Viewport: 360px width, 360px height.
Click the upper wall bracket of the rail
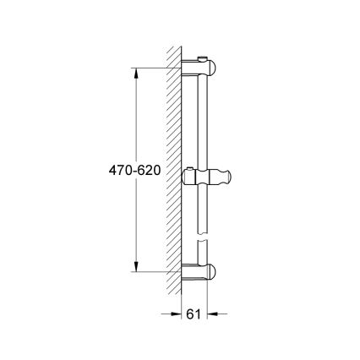[x=202, y=68]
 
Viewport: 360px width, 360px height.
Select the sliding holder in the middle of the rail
[x=205, y=178]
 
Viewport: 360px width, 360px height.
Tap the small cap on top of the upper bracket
[x=199, y=57]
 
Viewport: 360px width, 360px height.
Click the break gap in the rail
[x=203, y=240]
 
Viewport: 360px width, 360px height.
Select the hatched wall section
[x=175, y=169]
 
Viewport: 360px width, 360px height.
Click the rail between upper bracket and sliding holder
[x=203, y=123]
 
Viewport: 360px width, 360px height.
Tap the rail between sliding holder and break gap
[x=203, y=211]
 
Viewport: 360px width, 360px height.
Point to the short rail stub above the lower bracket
[x=203, y=254]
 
